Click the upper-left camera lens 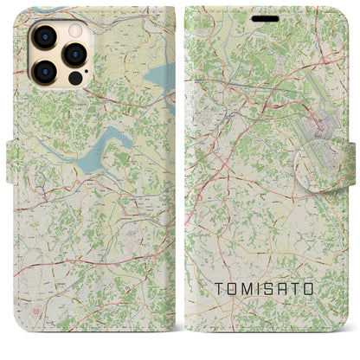pos(46,36)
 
